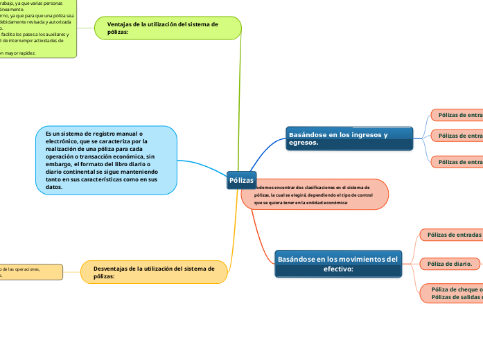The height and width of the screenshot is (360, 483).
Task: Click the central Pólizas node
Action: (x=241, y=180)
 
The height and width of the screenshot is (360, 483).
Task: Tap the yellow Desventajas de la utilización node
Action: (x=155, y=272)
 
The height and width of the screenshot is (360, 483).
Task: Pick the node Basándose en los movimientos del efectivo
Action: (x=338, y=263)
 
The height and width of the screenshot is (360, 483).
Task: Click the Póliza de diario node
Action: (x=450, y=264)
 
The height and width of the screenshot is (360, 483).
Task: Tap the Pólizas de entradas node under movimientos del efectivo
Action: (x=453, y=235)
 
